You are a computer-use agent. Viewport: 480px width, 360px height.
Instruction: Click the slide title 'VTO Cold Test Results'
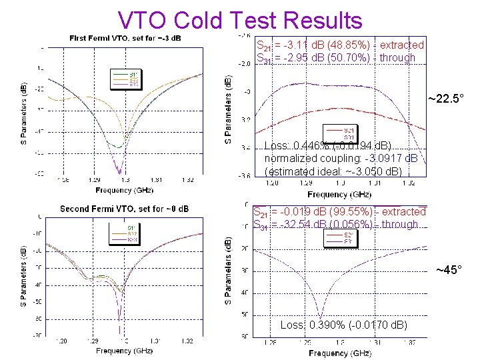(240, 19)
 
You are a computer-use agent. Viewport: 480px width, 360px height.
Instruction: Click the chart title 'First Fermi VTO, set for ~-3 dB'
(126, 37)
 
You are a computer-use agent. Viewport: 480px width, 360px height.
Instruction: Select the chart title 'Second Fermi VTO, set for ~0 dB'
(124, 209)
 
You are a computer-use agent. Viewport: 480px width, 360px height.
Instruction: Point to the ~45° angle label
(450, 270)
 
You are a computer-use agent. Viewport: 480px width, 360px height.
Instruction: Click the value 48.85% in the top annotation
(353, 45)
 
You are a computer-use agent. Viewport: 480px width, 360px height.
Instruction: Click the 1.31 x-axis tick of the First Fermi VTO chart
(157, 180)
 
